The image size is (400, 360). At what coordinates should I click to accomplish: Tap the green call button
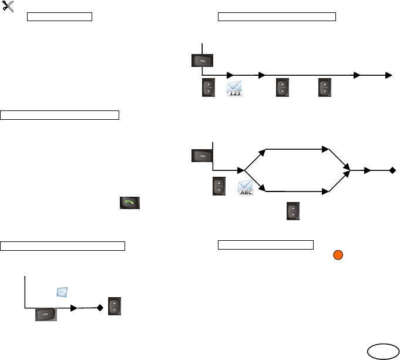(130, 204)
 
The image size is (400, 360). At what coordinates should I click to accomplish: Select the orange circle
(338, 255)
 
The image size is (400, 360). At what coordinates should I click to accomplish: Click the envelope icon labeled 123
(235, 89)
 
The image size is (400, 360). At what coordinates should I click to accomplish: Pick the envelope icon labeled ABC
(246, 188)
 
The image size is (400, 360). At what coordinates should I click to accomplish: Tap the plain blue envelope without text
(63, 292)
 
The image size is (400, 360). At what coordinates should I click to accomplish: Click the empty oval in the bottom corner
(381, 351)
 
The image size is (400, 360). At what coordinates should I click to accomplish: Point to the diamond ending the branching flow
(392, 171)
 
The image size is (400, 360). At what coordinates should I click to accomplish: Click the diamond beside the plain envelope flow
(100, 307)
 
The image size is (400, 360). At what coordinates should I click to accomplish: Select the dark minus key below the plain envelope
(46, 314)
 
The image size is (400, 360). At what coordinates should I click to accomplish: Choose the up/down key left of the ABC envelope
(219, 187)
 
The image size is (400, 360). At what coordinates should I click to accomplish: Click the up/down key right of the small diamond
(115, 308)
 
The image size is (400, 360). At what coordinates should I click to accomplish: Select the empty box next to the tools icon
(60, 15)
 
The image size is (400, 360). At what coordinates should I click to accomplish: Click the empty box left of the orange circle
(266, 244)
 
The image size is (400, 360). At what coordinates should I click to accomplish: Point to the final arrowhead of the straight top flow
(388, 75)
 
